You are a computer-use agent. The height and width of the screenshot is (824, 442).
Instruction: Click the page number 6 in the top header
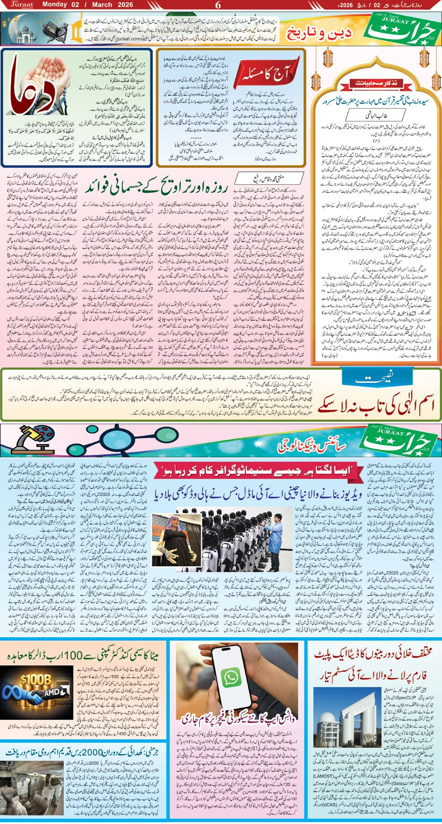pyautogui.click(x=218, y=5)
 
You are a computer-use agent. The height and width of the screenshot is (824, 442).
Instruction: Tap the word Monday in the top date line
pyautogui.click(x=55, y=5)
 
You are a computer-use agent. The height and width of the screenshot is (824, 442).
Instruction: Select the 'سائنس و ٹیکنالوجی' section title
pyautogui.click(x=312, y=444)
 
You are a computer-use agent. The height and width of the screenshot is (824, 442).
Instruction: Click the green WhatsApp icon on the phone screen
pyautogui.click(x=231, y=677)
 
